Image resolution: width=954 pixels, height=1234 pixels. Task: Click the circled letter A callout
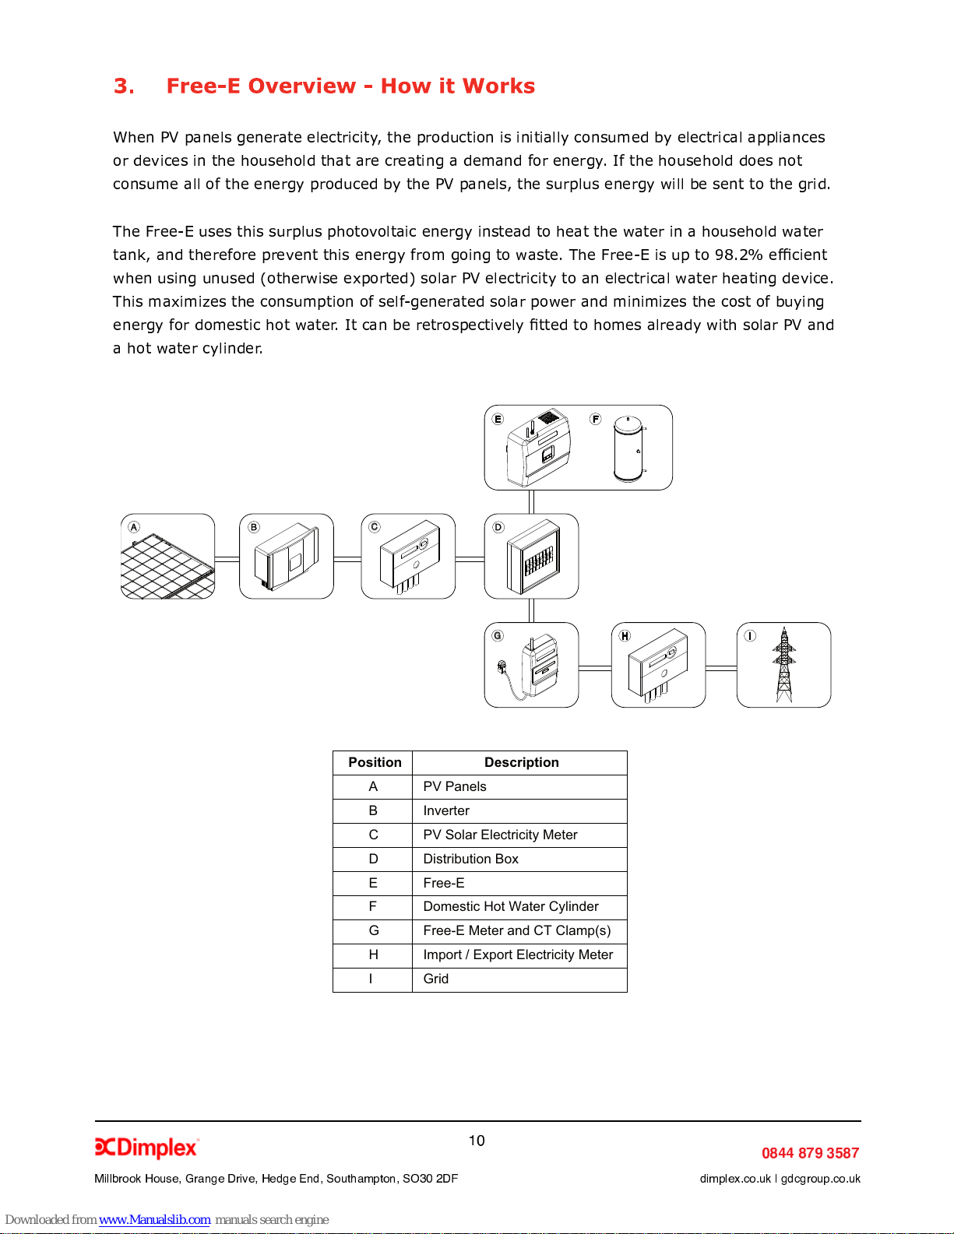pos(134,527)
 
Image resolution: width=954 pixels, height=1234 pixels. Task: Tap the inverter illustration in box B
pos(287,557)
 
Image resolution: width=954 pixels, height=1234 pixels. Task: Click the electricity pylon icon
pos(784,666)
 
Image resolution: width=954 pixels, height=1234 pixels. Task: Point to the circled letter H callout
pos(625,635)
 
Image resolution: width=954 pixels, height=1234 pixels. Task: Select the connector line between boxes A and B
pos(227,559)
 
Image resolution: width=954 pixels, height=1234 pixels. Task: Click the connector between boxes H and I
pos(721,668)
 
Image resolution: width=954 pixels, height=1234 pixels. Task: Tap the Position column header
pos(375,762)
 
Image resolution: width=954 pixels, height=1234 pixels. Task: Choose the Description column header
pos(521,762)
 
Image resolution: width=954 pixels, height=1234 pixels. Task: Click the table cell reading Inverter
pos(446,810)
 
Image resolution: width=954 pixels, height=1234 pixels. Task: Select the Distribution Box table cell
pos(470,859)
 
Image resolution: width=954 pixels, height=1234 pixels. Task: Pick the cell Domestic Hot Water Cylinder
pos(511,906)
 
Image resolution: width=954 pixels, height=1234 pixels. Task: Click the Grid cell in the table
pos(436,979)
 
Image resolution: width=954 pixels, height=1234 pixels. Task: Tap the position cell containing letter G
pos(374,930)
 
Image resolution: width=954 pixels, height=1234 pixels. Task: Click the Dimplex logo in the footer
pos(146,1148)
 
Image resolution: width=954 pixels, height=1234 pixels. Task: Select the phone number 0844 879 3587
pos(810,1153)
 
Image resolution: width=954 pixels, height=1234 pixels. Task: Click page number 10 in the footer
pos(477,1141)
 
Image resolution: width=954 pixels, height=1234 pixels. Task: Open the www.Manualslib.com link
pos(154,1219)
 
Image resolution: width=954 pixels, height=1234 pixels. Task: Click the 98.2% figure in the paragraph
pos(739,255)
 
